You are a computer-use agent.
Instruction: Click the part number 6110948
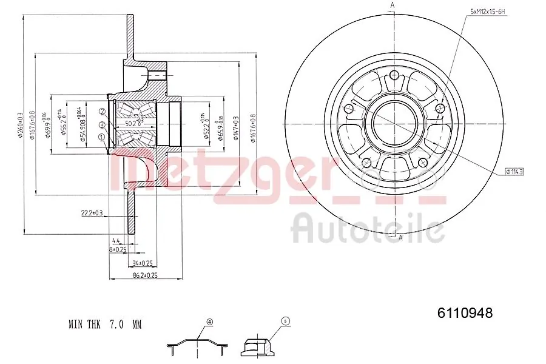465,313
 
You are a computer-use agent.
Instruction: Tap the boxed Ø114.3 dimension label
513,172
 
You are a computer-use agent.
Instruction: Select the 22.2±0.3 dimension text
92,212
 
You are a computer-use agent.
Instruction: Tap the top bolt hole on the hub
394,75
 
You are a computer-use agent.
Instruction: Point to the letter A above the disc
393,5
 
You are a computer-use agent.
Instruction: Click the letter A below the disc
400,237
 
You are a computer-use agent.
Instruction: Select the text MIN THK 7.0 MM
104,325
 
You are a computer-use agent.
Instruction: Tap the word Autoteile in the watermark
368,229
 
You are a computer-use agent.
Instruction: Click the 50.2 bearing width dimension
129,124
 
